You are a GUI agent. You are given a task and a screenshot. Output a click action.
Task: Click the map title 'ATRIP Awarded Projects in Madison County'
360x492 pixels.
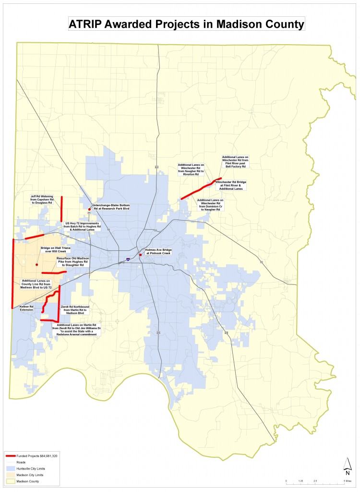pyautogui.click(x=186, y=24)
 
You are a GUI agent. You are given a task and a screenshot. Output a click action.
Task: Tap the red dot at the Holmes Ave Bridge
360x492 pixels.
pyautogui.click(x=140, y=255)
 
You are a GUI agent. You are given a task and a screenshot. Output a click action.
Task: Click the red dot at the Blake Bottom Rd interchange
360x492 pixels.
pyautogui.click(x=89, y=209)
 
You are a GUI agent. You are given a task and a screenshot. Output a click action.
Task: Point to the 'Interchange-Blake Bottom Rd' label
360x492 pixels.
pyautogui.click(x=111, y=207)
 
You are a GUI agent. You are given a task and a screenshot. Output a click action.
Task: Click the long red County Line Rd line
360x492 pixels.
pyautogui.click(x=12, y=274)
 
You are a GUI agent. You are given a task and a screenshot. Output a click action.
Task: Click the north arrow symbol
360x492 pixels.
pyautogui.click(x=346, y=466)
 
